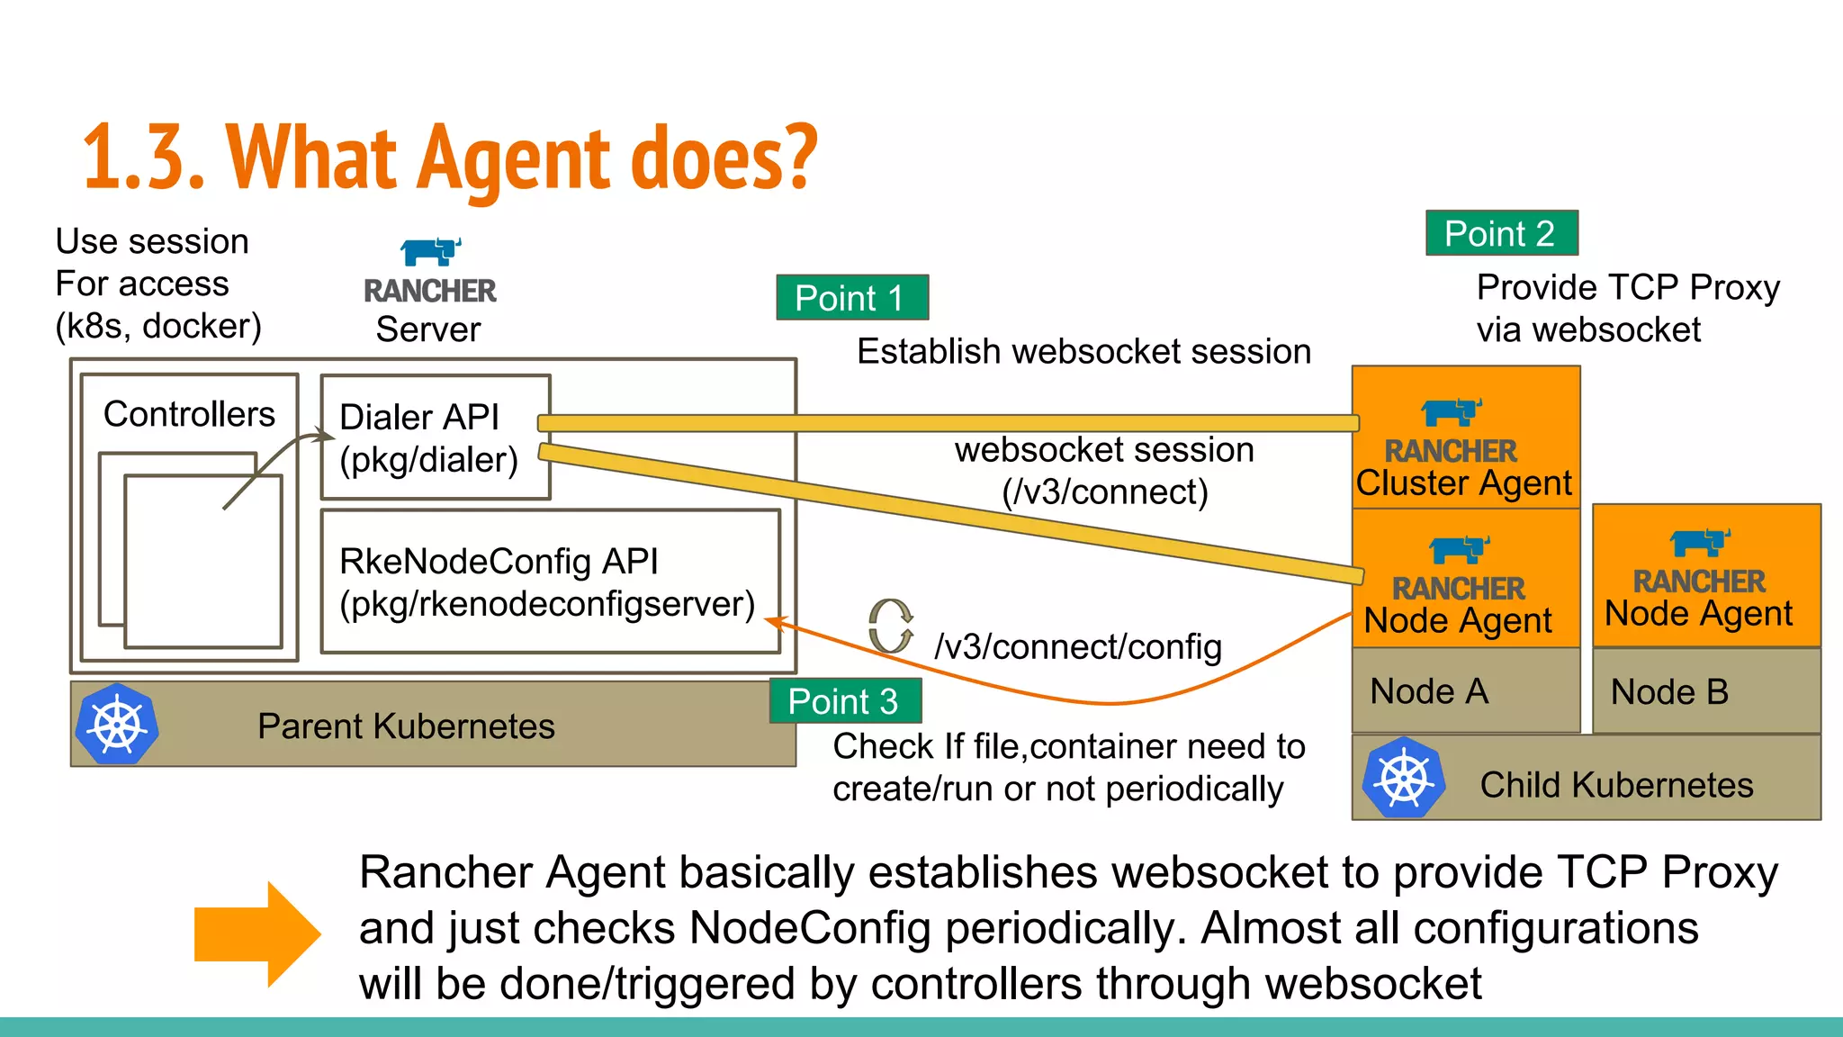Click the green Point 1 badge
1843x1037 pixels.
851,298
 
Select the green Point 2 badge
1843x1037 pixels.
1501,233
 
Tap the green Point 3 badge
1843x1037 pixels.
844,701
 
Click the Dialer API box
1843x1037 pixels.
435,437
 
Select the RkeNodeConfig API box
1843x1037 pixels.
549,582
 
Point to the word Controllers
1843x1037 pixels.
189,414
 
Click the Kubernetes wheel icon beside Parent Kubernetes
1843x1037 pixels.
117,725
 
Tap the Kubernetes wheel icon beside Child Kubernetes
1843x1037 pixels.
1403,778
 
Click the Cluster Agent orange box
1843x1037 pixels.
1465,437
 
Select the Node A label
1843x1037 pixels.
1429,691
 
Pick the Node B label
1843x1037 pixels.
1669,691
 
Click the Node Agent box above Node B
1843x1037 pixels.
1705,576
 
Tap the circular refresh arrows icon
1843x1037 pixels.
891,627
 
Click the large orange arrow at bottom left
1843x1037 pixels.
256,934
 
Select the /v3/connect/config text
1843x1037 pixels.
1078,646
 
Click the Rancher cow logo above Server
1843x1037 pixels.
430,252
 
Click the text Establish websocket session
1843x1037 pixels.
1083,351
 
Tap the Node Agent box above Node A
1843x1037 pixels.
1465,580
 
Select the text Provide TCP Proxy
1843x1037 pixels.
1627,287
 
